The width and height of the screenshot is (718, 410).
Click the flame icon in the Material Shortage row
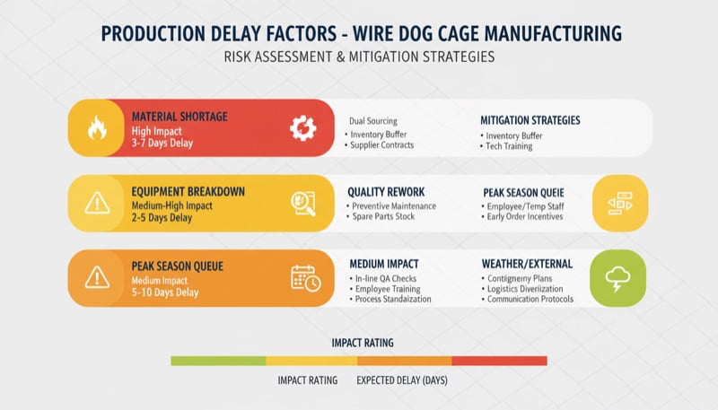click(x=96, y=128)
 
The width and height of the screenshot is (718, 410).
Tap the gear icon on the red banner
click(x=302, y=128)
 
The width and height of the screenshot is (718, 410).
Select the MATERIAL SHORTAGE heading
click(x=179, y=117)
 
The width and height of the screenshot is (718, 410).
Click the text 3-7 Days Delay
click(x=162, y=144)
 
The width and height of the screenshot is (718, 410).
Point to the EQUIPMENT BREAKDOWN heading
click(x=188, y=191)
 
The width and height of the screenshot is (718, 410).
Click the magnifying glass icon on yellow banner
click(x=303, y=204)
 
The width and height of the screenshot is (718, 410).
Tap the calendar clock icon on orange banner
click(x=305, y=278)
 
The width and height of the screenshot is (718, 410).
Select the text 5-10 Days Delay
click(x=165, y=292)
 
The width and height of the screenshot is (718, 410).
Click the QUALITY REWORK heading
click(x=386, y=192)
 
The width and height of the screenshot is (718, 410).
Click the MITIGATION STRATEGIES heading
click(x=530, y=120)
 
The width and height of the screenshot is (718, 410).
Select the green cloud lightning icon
click(x=617, y=278)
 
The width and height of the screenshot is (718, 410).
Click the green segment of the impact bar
click(x=218, y=361)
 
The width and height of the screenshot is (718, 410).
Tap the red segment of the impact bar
click(x=499, y=361)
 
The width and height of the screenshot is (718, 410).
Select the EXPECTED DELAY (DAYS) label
click(x=401, y=380)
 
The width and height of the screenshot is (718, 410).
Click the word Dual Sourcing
click(x=372, y=121)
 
